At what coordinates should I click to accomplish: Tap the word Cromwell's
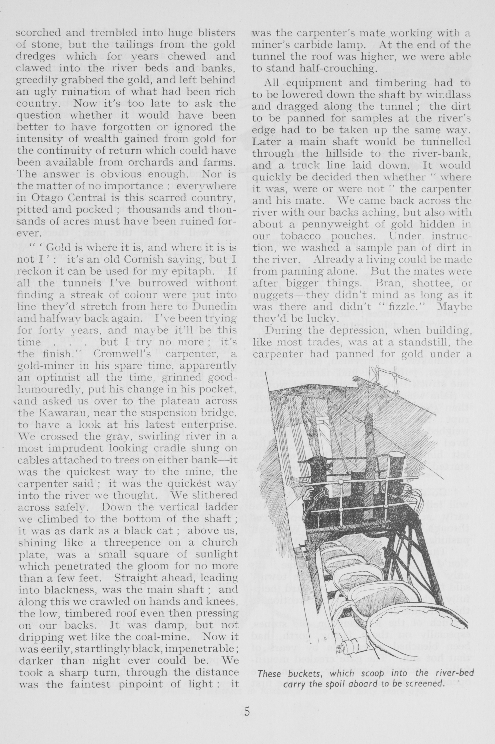click(x=119, y=354)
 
